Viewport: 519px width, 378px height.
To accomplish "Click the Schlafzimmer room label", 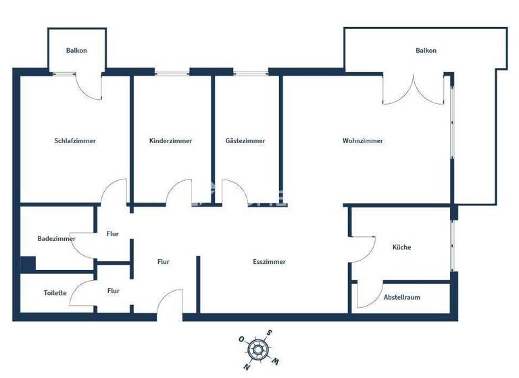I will [x=75, y=141].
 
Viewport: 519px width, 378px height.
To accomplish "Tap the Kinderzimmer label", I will [x=170, y=141].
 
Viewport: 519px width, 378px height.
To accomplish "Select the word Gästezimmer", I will [x=245, y=141].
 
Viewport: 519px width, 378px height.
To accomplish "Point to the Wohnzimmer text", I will [x=363, y=141].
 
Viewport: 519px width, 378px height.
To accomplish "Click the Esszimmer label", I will [x=269, y=261].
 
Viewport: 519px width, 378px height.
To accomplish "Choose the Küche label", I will [x=401, y=247].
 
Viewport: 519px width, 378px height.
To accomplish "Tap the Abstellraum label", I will [x=402, y=297].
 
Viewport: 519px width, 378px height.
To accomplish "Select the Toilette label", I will [x=55, y=293].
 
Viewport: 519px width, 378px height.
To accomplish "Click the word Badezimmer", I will [x=56, y=238].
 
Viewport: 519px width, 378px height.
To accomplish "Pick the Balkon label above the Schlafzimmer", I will [x=76, y=51].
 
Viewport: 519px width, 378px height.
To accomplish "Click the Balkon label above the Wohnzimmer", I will [x=426, y=51].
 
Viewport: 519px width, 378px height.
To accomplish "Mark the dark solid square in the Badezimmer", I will [x=28, y=263].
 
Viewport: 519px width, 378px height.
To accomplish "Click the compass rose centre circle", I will [x=256, y=349].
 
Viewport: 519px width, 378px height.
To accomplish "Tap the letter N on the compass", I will [x=247, y=367].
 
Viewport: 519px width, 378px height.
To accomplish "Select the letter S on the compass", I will [x=268, y=332].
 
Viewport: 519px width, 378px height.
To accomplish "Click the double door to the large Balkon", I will [x=414, y=90].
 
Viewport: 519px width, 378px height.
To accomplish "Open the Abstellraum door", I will [x=368, y=296].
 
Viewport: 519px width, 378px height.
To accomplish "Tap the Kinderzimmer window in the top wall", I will [x=172, y=72].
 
